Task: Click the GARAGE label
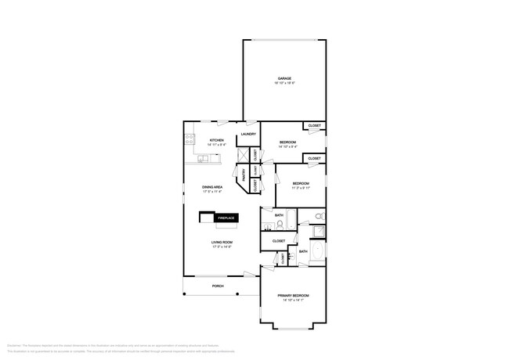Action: (284, 78)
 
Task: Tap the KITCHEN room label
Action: (216, 141)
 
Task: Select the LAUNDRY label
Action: (249, 135)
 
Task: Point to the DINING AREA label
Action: (213, 187)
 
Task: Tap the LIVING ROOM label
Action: (222, 243)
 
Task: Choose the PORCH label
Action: (218, 286)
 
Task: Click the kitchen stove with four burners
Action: (189, 140)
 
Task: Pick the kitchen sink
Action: (202, 159)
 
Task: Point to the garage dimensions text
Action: (284, 83)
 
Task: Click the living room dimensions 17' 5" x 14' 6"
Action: (222, 247)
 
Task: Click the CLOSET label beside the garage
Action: (314, 126)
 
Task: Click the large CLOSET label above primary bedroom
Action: (279, 241)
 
